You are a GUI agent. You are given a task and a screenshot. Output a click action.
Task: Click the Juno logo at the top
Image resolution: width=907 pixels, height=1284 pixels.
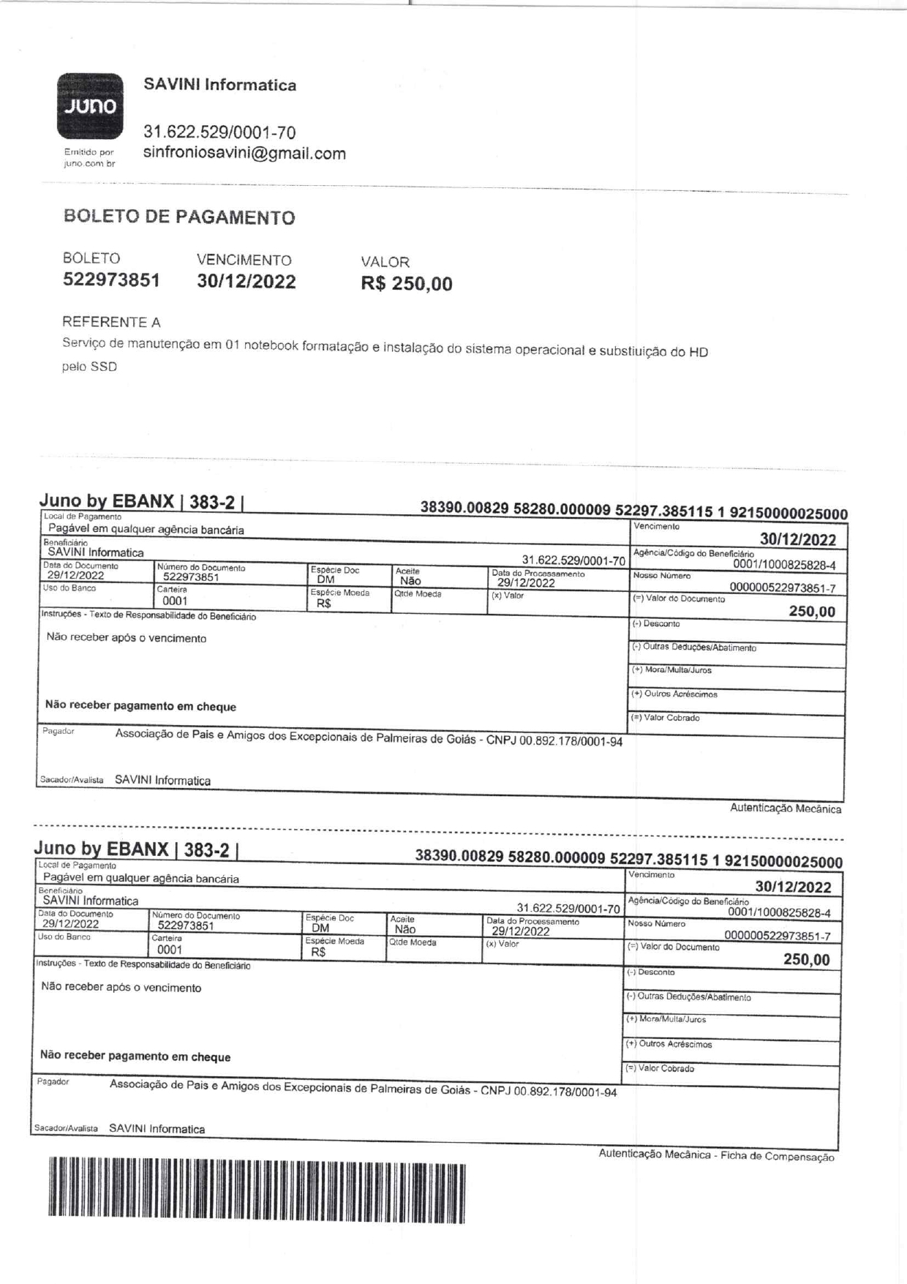(90, 106)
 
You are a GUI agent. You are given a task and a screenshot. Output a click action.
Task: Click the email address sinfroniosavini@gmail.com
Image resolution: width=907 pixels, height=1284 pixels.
(244, 154)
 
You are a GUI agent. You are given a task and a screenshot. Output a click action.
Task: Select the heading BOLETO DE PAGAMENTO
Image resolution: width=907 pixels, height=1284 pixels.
(179, 217)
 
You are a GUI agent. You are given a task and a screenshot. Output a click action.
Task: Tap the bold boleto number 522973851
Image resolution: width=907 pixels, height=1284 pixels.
(111, 280)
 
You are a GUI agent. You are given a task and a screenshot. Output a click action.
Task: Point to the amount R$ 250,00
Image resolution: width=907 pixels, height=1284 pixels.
(406, 284)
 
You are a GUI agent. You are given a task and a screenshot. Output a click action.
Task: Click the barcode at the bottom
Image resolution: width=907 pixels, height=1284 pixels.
(256, 1190)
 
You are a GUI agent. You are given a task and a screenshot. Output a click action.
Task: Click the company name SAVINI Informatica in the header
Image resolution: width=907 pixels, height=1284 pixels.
(219, 85)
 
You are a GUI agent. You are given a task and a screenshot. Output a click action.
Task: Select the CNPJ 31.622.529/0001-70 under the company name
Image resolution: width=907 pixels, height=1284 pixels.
(219, 132)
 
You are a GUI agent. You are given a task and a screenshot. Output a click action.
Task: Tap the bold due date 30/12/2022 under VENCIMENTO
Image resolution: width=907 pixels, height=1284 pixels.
(246, 282)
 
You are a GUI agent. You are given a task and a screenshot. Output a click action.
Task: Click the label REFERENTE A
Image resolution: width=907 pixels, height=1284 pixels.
(111, 322)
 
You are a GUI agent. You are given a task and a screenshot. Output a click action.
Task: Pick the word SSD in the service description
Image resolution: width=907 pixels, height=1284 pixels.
(103, 367)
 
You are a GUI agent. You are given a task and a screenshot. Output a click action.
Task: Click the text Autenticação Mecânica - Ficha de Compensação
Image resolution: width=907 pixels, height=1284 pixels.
(716, 1155)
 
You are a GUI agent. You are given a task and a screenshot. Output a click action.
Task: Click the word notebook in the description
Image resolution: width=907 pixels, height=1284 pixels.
(271, 345)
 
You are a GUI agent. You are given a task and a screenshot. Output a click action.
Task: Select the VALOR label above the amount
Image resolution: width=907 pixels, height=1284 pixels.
(385, 262)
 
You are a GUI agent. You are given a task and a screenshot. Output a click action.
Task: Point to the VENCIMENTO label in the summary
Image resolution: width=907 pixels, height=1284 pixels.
(244, 260)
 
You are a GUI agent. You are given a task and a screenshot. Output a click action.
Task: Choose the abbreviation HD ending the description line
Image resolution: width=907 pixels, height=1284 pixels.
(699, 352)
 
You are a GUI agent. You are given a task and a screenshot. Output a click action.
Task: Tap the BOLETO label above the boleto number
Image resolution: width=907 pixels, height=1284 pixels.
(91, 258)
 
